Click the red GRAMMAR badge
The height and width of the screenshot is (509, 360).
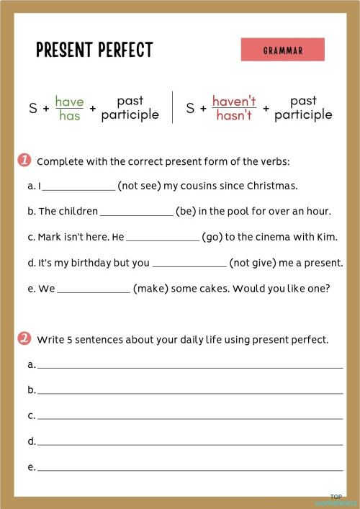click(x=282, y=50)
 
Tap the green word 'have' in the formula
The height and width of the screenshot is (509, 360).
click(x=69, y=102)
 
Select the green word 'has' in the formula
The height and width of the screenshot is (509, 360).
click(x=69, y=116)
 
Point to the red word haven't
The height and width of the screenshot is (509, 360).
click(x=234, y=102)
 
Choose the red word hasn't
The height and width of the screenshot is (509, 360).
click(x=234, y=116)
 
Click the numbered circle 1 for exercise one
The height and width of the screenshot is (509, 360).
click(x=24, y=160)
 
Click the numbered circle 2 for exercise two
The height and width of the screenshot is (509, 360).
click(x=24, y=338)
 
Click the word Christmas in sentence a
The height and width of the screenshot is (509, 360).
click(x=271, y=186)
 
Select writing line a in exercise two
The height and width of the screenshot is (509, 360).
click(x=190, y=366)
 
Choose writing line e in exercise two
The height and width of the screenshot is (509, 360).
click(x=190, y=469)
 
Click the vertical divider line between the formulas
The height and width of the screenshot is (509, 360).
click(x=173, y=107)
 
